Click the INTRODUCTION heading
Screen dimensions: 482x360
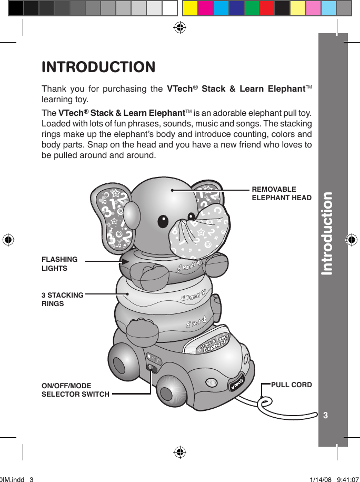point(98,67)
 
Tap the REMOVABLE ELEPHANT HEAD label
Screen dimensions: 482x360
point(282,193)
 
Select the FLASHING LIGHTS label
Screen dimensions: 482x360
point(59,263)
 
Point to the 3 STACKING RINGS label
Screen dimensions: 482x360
point(62,299)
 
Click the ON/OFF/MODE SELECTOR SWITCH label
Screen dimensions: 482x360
point(75,390)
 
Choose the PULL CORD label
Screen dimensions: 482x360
point(291,385)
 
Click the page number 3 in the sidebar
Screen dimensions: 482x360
point(326,416)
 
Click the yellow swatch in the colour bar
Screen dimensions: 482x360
point(190,8)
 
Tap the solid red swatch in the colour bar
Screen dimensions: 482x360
point(267,8)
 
